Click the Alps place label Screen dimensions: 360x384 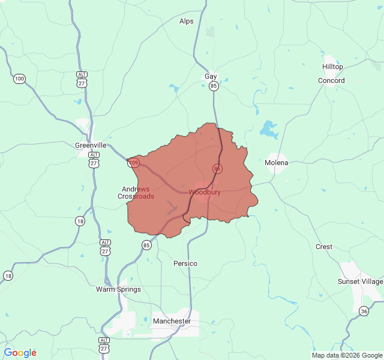pos(187,21)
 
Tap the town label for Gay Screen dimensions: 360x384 pos(211,77)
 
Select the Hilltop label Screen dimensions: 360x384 pos(332,67)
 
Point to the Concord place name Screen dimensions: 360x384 pos(331,80)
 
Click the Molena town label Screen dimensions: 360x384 pos(277,163)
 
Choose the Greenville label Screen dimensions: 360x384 pos(91,145)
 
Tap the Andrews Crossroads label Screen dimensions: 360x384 pos(136,193)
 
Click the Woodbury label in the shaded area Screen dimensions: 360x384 pos(205,193)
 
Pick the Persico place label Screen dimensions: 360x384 pos(185,263)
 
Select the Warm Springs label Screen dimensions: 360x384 pos(119,289)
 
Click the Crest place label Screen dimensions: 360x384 pos(324,247)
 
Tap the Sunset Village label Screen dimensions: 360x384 pos(360,281)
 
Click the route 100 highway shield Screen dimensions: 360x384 pos(20,79)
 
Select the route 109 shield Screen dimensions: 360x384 pos(134,163)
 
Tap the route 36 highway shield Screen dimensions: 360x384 pos(364,310)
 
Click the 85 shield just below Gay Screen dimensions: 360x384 pos(214,86)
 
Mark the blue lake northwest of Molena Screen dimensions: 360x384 pos(268,129)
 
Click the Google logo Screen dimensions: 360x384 pos(20,353)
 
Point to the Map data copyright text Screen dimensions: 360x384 pos(346,355)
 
